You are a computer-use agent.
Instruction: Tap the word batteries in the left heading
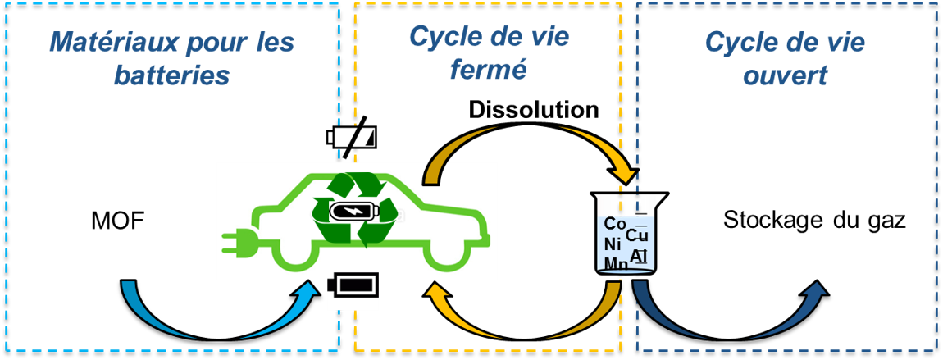click(x=171, y=76)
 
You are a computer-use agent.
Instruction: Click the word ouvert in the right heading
click(x=785, y=76)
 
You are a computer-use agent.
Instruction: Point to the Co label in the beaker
click(x=614, y=224)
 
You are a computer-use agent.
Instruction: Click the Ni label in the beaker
click(x=613, y=244)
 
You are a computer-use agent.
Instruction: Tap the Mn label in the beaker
click(x=616, y=263)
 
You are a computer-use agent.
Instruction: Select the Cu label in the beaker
click(x=637, y=235)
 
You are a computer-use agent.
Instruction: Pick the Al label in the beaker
click(x=639, y=256)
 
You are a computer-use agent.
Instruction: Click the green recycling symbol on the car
click(x=355, y=208)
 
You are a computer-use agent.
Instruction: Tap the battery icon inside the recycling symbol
click(x=355, y=212)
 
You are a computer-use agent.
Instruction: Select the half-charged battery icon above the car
click(x=352, y=137)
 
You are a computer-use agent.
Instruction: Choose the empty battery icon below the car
click(x=353, y=287)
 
